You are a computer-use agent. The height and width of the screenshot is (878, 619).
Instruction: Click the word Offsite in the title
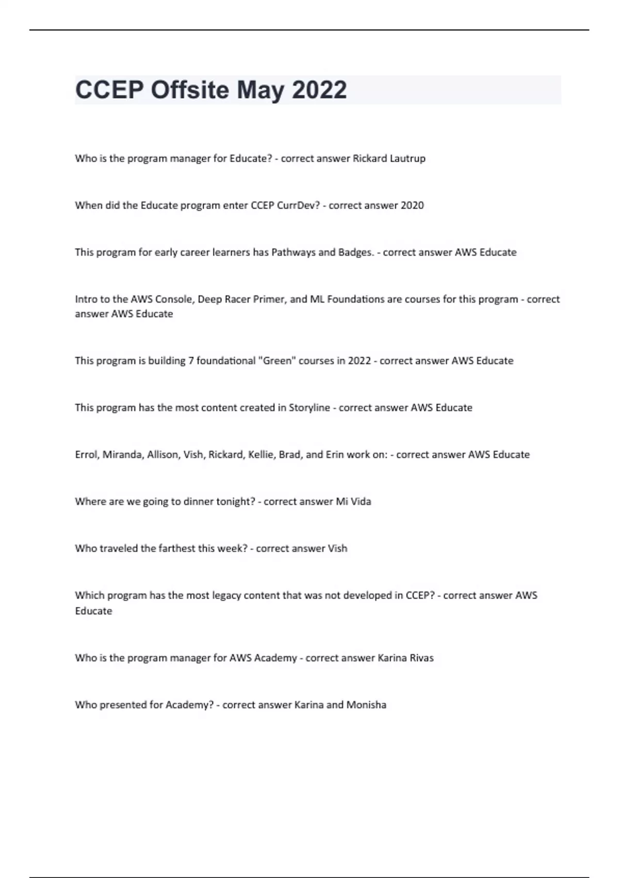pos(189,90)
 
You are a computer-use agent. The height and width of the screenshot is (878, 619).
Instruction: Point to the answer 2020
pos(412,206)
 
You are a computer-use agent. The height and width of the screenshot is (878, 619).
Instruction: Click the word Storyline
pos(309,408)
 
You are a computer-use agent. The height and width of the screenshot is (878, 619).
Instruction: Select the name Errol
pos(86,455)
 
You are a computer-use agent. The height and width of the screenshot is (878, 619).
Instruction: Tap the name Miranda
pos(122,455)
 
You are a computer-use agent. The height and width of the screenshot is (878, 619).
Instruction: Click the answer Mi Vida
pos(353,501)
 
